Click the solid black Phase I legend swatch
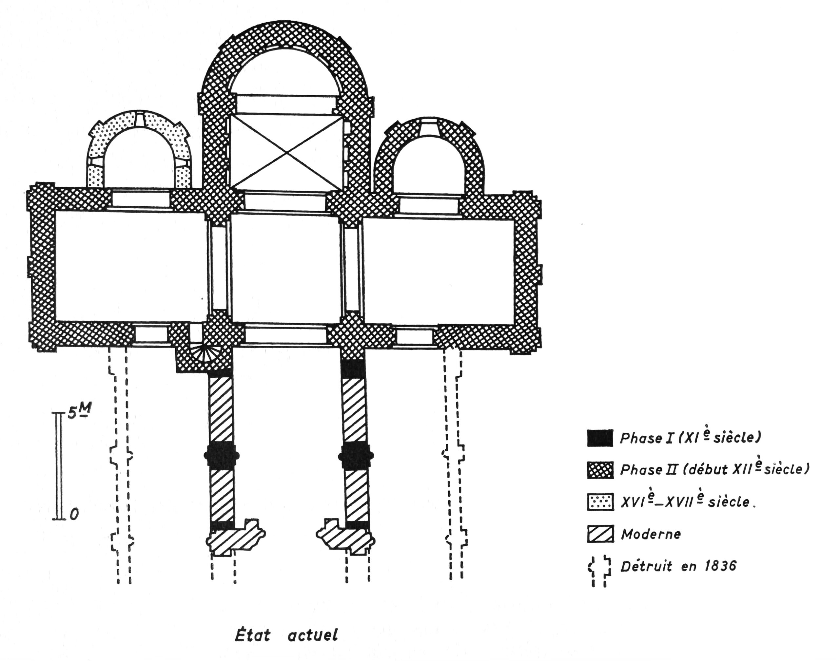click(600, 438)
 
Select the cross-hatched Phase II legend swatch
click(600, 470)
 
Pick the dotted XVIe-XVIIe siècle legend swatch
click(600, 502)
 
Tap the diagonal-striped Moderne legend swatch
click(600, 534)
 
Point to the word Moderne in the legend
click(651, 535)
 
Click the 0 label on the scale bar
click(74, 514)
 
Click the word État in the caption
click(252, 636)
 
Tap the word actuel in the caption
click(313, 636)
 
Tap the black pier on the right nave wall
click(355, 456)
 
